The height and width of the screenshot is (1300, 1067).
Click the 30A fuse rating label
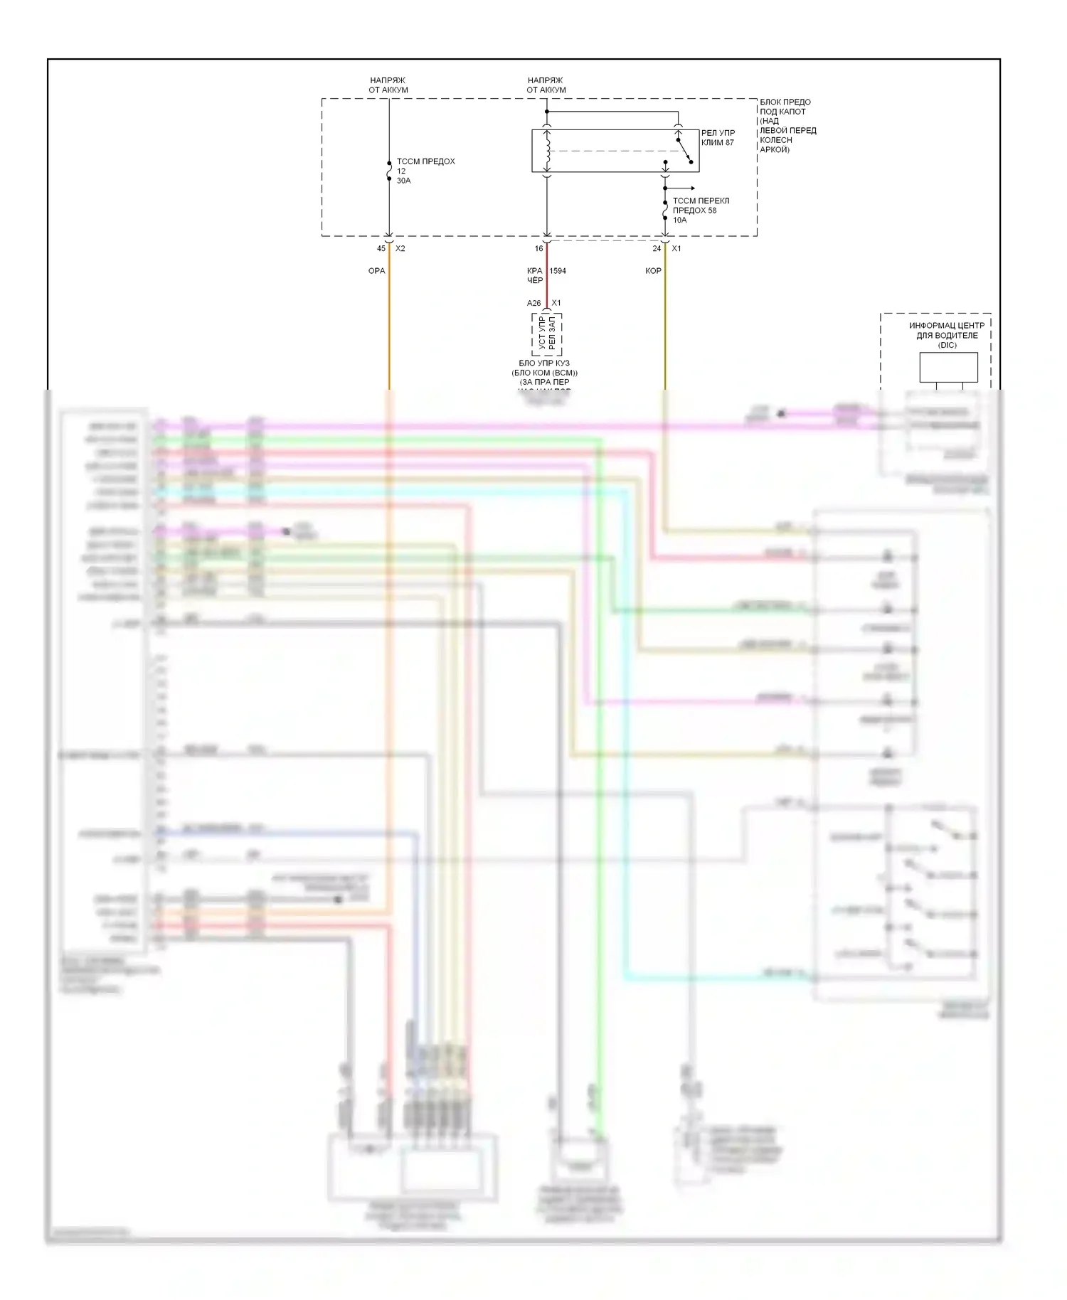pyautogui.click(x=403, y=181)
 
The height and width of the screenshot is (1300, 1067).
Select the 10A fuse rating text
pyautogui.click(x=680, y=220)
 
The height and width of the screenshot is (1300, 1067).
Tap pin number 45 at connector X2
pyautogui.click(x=381, y=248)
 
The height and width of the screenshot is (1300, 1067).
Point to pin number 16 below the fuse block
pyautogui.click(x=538, y=248)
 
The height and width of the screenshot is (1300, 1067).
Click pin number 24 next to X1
pyautogui.click(x=657, y=248)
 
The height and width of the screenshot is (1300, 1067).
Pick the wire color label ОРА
pyautogui.click(x=376, y=271)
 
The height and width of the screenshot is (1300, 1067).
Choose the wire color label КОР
pyautogui.click(x=653, y=271)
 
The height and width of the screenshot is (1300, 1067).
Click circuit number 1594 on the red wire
pyautogui.click(x=558, y=271)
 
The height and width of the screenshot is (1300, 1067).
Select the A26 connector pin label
pyautogui.click(x=533, y=303)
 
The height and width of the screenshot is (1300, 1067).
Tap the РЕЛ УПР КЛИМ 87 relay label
pyautogui.click(x=718, y=137)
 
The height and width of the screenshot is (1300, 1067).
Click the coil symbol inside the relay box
pyautogui.click(x=547, y=151)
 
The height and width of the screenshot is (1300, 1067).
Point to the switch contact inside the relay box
pyautogui.click(x=684, y=150)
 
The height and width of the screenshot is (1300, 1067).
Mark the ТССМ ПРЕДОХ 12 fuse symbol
pyautogui.click(x=389, y=171)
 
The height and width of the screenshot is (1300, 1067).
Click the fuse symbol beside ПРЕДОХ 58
pyautogui.click(x=665, y=211)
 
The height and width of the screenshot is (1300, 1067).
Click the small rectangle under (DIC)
pyautogui.click(x=948, y=367)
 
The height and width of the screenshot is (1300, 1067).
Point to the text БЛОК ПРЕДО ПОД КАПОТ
pyautogui.click(x=785, y=107)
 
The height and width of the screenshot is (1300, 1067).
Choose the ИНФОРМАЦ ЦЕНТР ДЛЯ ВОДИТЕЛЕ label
pyautogui.click(x=947, y=331)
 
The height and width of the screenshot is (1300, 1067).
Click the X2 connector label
pyautogui.click(x=400, y=248)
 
